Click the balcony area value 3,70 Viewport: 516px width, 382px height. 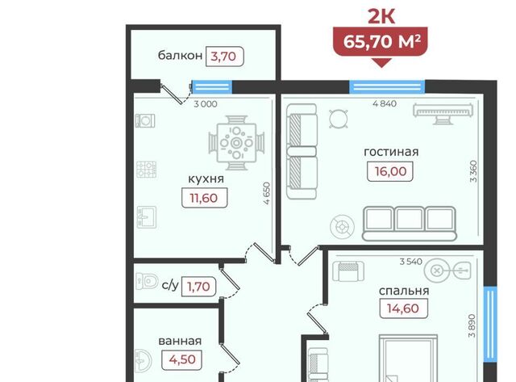(x=223, y=57)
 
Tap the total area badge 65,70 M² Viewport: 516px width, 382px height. (x=381, y=41)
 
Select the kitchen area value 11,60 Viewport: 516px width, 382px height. (x=204, y=198)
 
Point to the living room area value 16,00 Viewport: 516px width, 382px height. (x=390, y=171)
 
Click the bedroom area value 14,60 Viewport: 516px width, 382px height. (x=403, y=309)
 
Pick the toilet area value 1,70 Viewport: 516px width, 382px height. (x=198, y=287)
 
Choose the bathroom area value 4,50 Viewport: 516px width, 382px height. (x=182, y=359)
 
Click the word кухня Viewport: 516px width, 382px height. (x=206, y=179)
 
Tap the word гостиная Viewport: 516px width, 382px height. (x=391, y=152)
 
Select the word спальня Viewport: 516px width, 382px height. (x=404, y=291)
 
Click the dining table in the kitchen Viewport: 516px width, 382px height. (x=236, y=143)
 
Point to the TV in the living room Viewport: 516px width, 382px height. (x=443, y=113)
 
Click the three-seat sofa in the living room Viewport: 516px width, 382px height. (x=410, y=224)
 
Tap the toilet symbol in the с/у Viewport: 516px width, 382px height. (x=147, y=281)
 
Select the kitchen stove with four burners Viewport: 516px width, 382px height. (x=146, y=170)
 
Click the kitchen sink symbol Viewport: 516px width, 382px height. (x=147, y=217)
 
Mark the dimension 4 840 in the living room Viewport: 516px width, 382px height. (x=385, y=103)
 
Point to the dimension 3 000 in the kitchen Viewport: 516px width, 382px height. (x=206, y=104)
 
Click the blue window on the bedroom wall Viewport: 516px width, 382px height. (x=490, y=324)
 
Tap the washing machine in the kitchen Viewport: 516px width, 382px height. (x=145, y=120)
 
